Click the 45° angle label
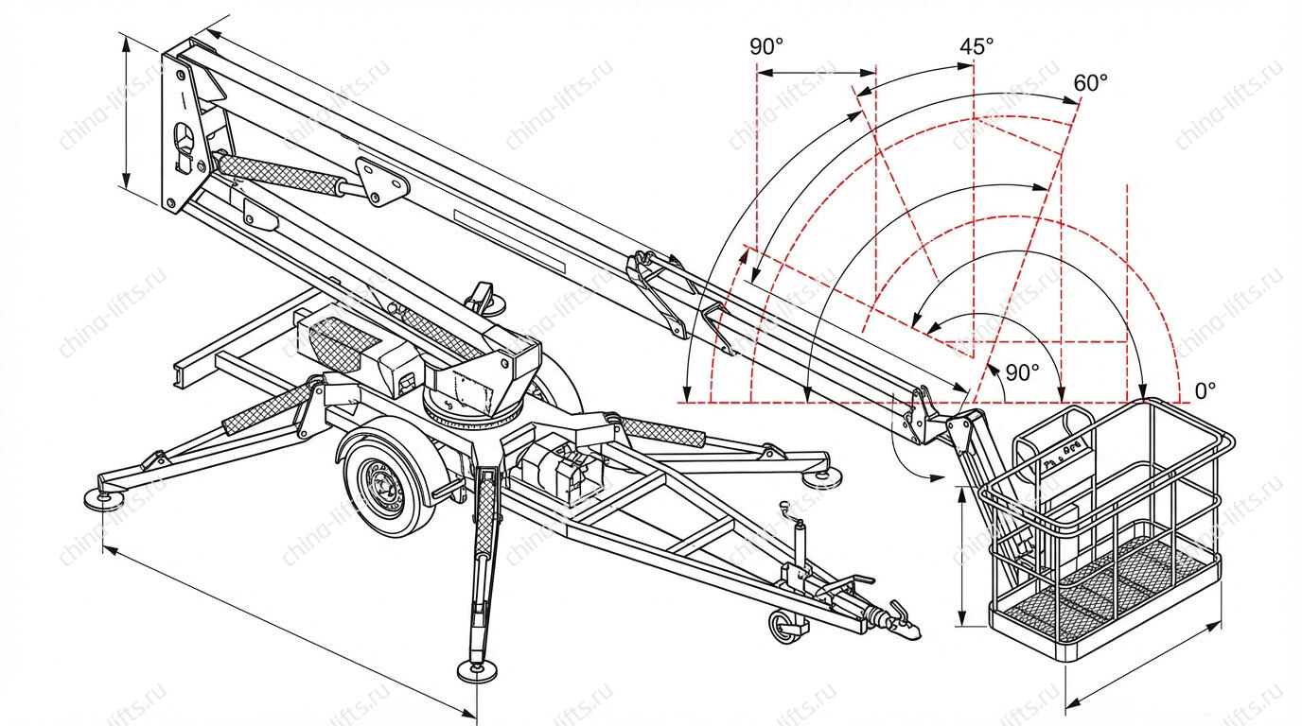click(976, 46)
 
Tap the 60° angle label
click(1090, 82)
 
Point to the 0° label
click(1205, 389)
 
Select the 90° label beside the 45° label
click(767, 46)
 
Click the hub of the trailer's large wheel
click(384, 486)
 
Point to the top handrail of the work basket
click(1107, 454)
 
